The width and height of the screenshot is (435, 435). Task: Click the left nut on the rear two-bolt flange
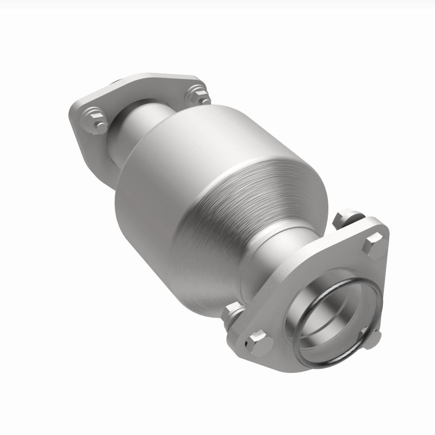click(x=95, y=121)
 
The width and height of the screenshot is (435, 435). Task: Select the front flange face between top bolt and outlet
click(x=348, y=261)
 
